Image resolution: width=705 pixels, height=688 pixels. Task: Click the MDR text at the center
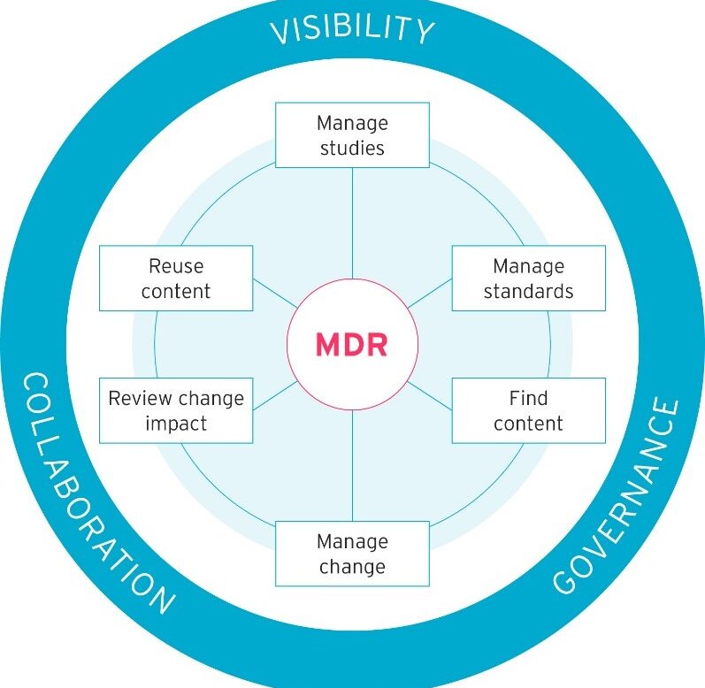(x=351, y=344)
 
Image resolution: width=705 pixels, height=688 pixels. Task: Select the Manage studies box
(x=352, y=134)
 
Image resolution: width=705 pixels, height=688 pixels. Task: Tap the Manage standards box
(x=528, y=278)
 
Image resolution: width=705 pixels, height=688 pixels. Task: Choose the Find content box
(x=528, y=410)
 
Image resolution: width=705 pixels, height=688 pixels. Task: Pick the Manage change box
(x=352, y=553)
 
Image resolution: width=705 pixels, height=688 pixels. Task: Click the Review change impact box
(x=175, y=410)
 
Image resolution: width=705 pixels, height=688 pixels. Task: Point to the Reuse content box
(x=175, y=278)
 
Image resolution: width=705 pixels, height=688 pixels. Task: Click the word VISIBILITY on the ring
(x=352, y=28)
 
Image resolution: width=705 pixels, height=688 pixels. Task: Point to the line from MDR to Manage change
(x=352, y=464)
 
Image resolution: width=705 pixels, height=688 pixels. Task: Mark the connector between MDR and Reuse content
(x=275, y=294)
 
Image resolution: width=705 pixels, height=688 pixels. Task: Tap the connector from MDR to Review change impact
(x=275, y=395)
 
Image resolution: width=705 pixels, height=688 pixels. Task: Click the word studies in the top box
(x=352, y=148)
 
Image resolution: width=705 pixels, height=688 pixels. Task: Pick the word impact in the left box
(x=175, y=423)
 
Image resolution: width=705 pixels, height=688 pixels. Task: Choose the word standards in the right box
(x=528, y=291)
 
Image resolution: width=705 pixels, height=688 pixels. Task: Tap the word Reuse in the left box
(x=175, y=265)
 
